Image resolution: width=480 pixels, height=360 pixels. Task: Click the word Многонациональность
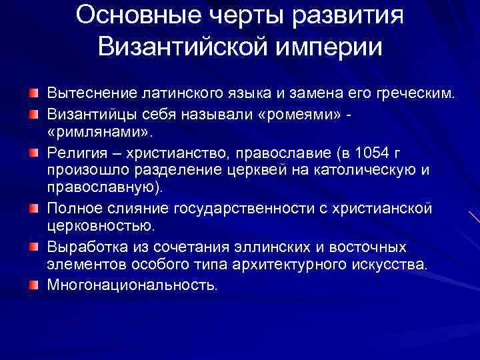[132, 285]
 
